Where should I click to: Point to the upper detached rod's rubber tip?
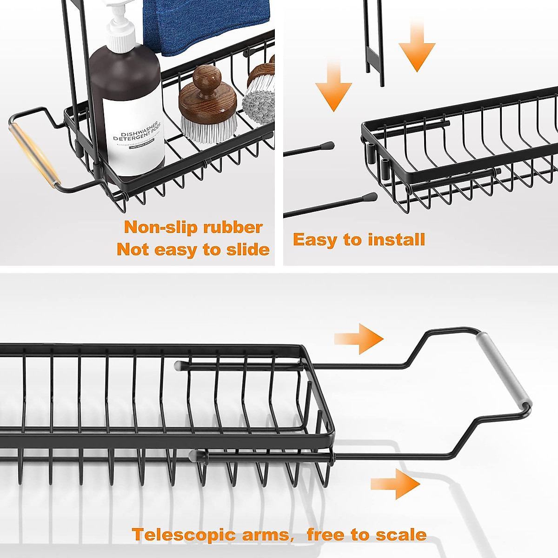pos(329,145)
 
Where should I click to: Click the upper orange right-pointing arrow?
pos(360,339)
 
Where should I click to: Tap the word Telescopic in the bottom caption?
pos(183,535)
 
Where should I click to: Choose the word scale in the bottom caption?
pos(401,535)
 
